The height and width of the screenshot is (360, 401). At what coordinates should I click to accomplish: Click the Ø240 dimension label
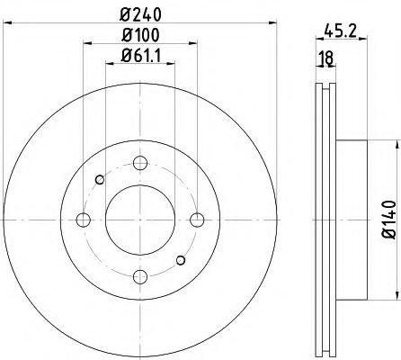point(139,15)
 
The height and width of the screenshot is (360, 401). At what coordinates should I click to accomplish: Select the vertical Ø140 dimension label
point(388,218)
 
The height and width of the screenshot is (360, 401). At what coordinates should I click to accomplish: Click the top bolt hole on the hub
point(139,164)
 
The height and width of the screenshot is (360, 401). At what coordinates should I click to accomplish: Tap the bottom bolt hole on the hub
point(139,276)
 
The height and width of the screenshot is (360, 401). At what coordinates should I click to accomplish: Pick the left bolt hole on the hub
point(84,220)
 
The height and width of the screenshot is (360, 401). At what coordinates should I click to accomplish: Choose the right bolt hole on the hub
point(196,220)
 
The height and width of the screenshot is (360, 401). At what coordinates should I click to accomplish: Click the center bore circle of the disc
point(139,220)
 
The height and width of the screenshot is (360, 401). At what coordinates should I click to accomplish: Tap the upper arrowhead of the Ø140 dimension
point(395,145)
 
